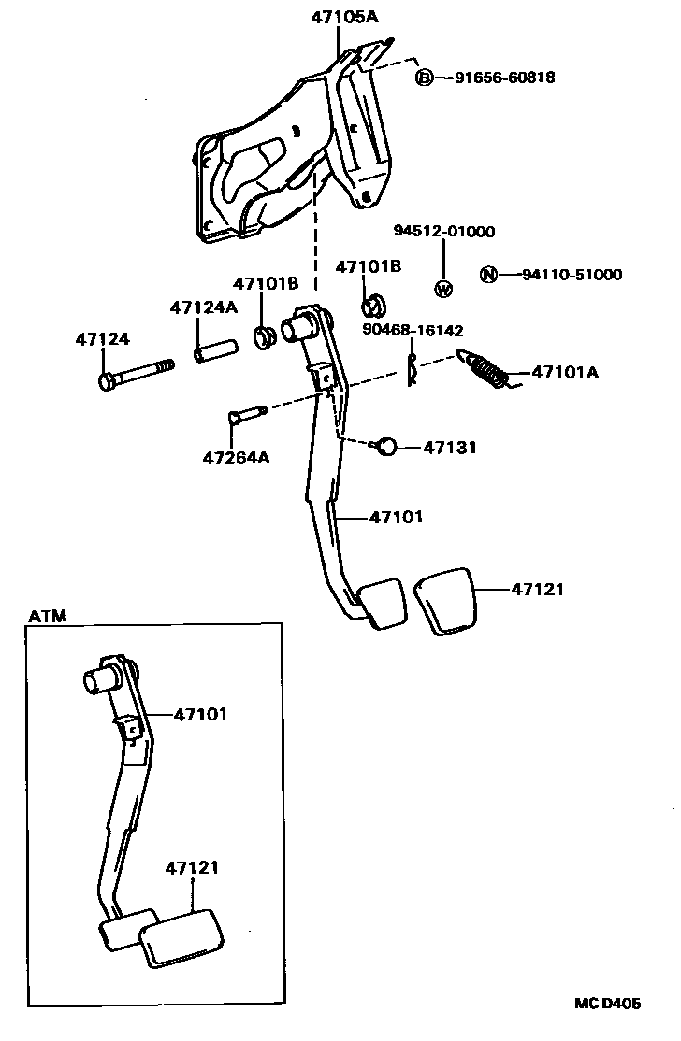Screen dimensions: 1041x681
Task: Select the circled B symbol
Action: (424, 78)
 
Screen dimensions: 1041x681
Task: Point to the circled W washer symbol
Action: (443, 289)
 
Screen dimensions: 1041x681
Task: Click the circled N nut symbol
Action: (487, 275)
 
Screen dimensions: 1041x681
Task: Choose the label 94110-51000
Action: (571, 275)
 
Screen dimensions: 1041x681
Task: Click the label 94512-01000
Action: (443, 232)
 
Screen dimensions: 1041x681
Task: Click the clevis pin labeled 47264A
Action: (246, 415)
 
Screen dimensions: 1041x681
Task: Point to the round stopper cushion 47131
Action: (387, 447)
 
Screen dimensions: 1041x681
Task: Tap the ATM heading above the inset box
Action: (47, 616)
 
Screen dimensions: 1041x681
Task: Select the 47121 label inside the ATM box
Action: (192, 867)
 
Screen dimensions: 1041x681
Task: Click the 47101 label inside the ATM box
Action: (200, 714)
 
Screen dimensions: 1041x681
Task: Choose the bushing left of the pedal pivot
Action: (265, 336)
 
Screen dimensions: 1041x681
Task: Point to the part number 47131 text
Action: (450, 448)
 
